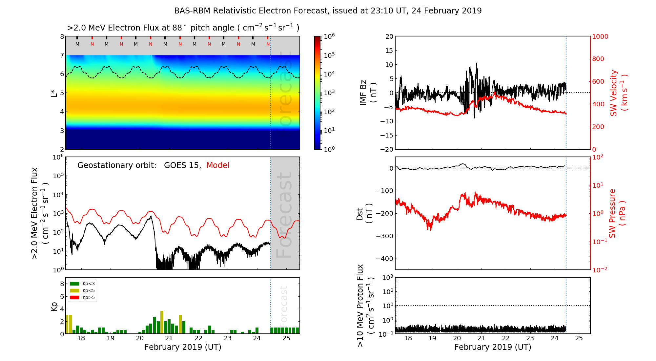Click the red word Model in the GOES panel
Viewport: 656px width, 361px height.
click(218, 165)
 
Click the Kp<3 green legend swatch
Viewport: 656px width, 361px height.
click(75, 284)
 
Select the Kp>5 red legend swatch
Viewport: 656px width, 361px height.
click(75, 298)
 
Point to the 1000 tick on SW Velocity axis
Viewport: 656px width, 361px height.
click(600, 36)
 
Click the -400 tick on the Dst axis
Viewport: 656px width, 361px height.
click(384, 259)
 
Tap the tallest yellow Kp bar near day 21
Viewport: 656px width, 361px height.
click(162, 322)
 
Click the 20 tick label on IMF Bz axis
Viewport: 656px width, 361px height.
click(389, 36)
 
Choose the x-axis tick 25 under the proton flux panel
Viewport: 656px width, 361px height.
click(579, 338)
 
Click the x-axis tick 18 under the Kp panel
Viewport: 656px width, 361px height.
click(81, 338)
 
